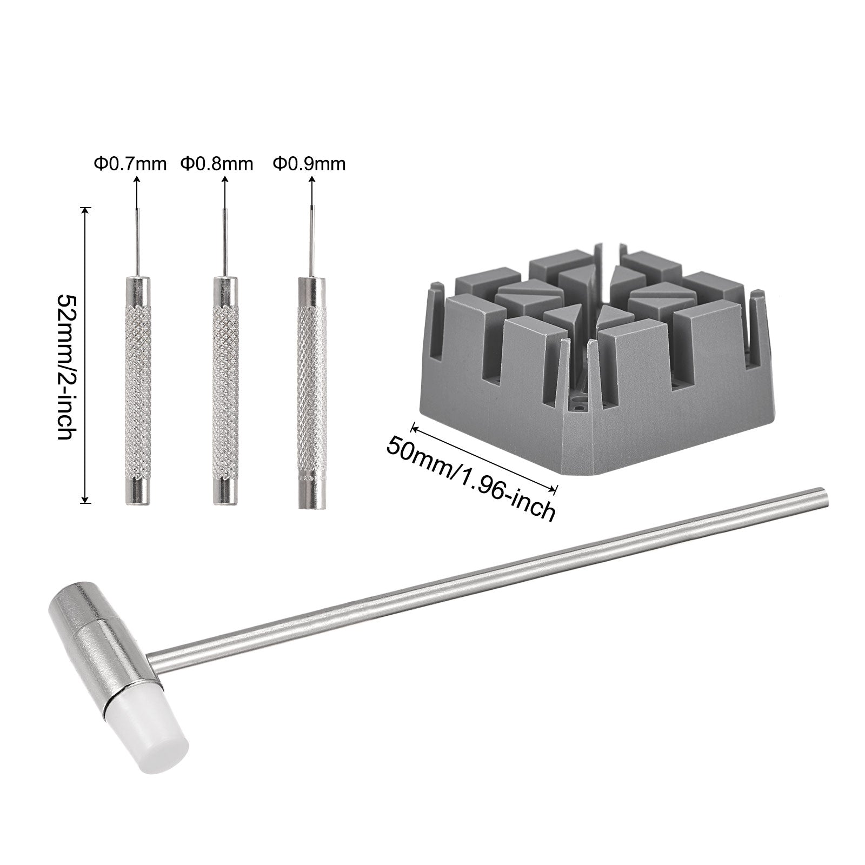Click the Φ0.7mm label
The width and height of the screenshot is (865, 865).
tap(130, 163)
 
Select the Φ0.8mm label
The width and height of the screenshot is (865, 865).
tap(217, 163)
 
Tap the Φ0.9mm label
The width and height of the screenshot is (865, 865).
tap(309, 163)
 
